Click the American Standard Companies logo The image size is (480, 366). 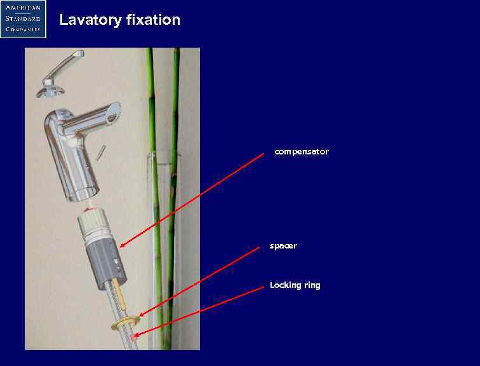(23, 19)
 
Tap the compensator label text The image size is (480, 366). (302, 152)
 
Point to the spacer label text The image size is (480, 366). (283, 246)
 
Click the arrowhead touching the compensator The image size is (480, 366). (123, 245)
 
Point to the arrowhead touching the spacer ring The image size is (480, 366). (141, 315)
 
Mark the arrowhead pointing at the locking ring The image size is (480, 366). (135, 334)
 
